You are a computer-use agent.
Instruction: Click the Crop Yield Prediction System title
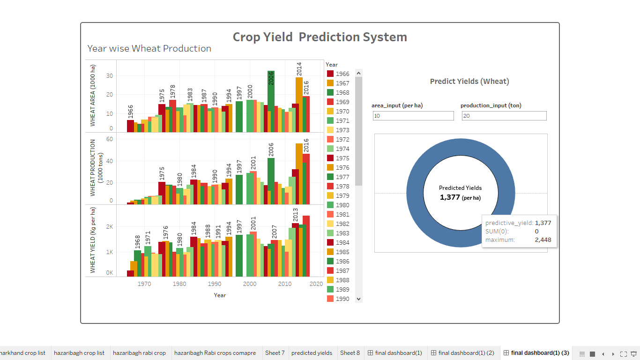click(x=320, y=37)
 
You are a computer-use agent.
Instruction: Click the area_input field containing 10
click(x=413, y=116)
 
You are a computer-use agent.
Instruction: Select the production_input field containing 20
click(x=504, y=116)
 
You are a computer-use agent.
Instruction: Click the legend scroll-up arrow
click(x=359, y=73)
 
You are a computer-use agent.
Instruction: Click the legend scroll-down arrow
click(x=359, y=299)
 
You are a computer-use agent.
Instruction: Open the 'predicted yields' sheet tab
click(x=312, y=353)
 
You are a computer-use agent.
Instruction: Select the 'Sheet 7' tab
click(x=275, y=353)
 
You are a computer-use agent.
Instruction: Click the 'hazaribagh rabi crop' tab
click(x=139, y=353)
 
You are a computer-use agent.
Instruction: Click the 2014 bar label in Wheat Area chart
click(x=299, y=69)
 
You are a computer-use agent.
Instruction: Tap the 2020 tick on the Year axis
click(x=316, y=284)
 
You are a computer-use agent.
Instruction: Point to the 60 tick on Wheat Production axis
click(x=110, y=139)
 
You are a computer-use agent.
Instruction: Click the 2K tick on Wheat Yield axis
click(x=109, y=227)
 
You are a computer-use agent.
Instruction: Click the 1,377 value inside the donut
click(x=450, y=197)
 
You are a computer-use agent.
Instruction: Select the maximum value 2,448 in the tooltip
click(x=543, y=240)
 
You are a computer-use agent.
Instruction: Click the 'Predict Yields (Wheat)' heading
click(x=469, y=82)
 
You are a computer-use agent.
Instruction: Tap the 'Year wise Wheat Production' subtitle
click(x=149, y=49)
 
